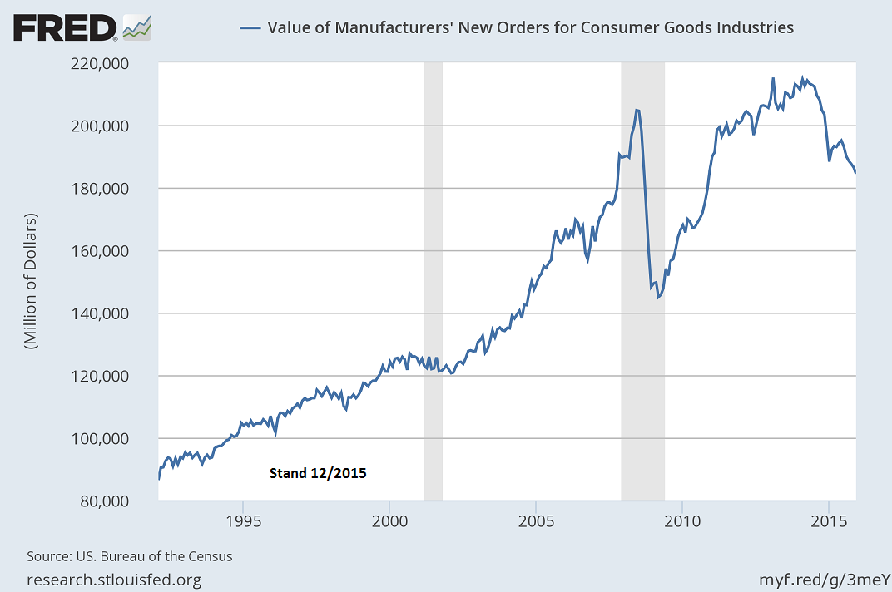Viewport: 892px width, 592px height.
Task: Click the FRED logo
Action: point(82,27)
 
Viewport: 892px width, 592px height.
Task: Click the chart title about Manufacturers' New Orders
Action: point(530,27)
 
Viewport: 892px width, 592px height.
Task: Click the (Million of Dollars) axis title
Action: point(32,282)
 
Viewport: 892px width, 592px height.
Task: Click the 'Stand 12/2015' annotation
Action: point(317,473)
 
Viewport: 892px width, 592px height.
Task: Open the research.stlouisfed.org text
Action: point(114,579)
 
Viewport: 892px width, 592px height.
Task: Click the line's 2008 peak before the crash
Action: point(637,110)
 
